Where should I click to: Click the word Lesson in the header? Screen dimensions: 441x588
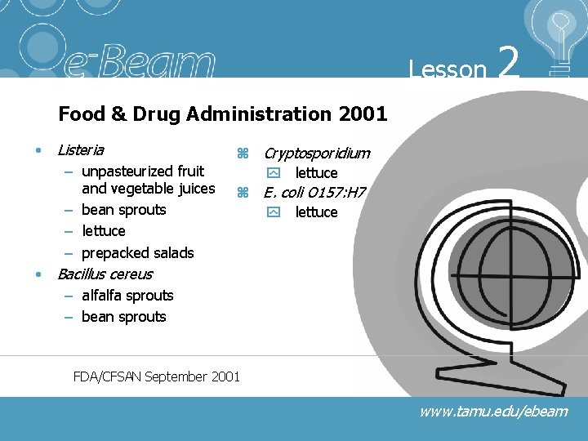(448, 69)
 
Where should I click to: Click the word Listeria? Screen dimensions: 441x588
(81, 150)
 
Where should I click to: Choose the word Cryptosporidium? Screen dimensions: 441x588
(316, 153)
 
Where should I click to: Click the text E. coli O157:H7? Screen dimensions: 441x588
(314, 193)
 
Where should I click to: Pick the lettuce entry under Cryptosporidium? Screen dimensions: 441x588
(316, 173)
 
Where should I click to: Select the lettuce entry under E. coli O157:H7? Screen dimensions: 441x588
(316, 212)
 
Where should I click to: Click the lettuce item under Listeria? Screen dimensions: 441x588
(104, 231)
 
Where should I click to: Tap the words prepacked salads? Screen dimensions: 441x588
(138, 252)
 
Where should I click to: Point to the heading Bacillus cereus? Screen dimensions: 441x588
(105, 274)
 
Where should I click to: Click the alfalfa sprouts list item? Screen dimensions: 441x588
(127, 295)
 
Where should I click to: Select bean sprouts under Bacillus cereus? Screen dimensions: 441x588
(123, 316)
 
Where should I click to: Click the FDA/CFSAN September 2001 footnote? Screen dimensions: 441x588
(157, 376)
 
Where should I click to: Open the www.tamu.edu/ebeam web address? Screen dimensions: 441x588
(493, 412)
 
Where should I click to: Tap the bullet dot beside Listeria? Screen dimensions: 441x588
(38, 151)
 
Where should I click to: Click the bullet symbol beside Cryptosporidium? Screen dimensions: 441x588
(242, 154)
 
